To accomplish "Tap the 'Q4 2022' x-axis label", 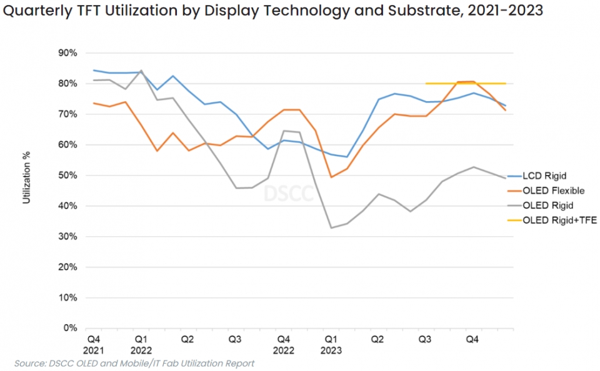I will coord(284,345).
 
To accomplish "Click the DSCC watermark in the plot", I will coord(289,194).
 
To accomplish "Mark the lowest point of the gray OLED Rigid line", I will coord(332,228).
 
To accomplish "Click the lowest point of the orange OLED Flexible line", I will coord(332,177).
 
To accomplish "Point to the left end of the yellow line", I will coord(426,84).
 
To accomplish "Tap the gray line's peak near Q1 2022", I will coord(141,71).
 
